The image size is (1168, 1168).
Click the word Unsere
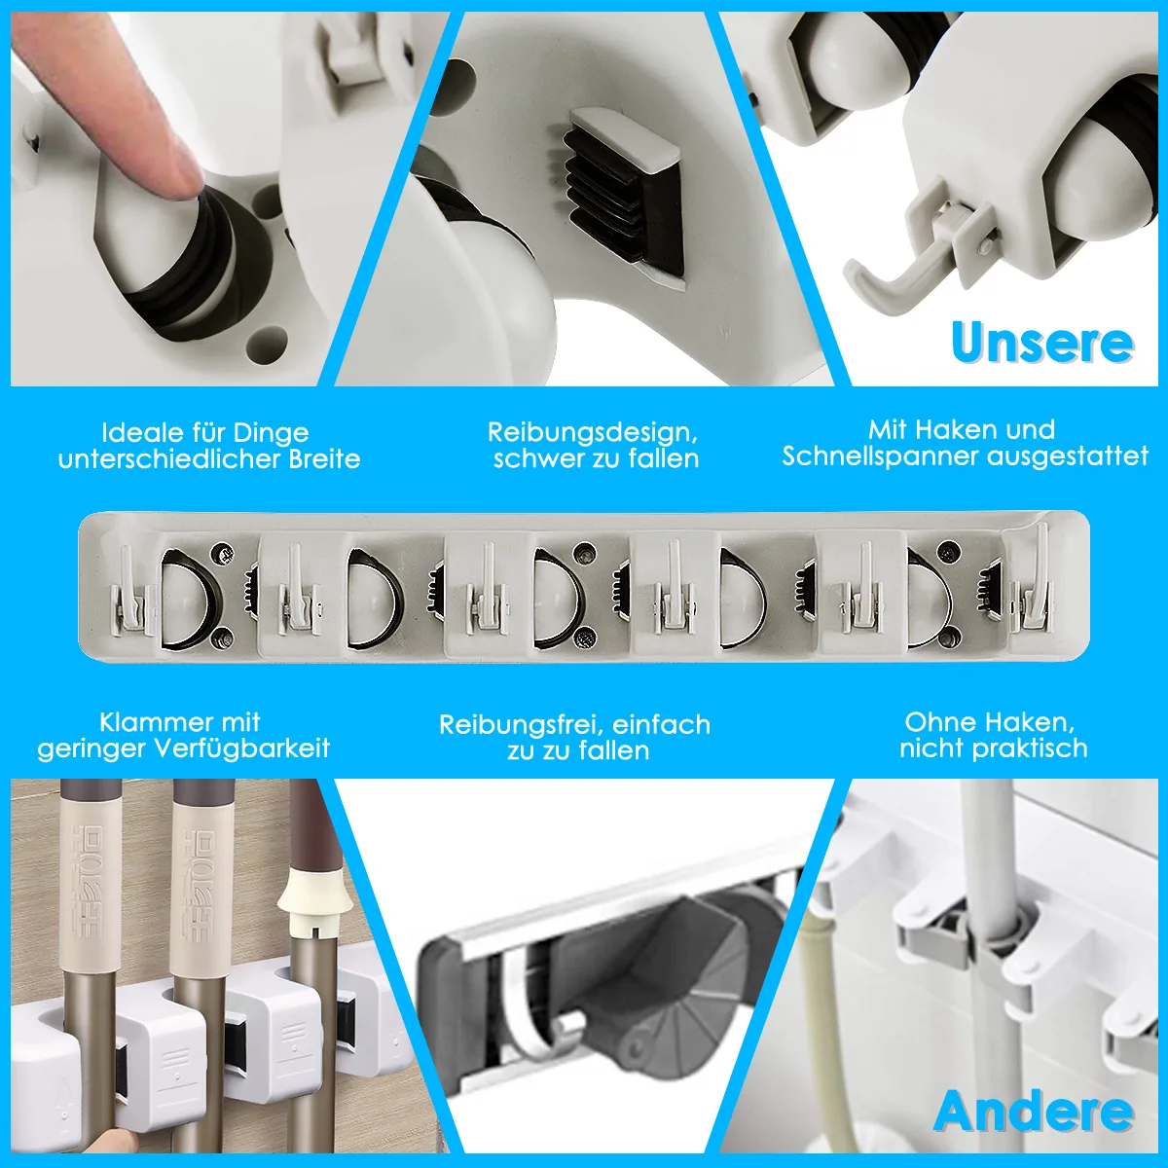click(1041, 343)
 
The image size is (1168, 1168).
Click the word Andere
click(1034, 1111)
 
